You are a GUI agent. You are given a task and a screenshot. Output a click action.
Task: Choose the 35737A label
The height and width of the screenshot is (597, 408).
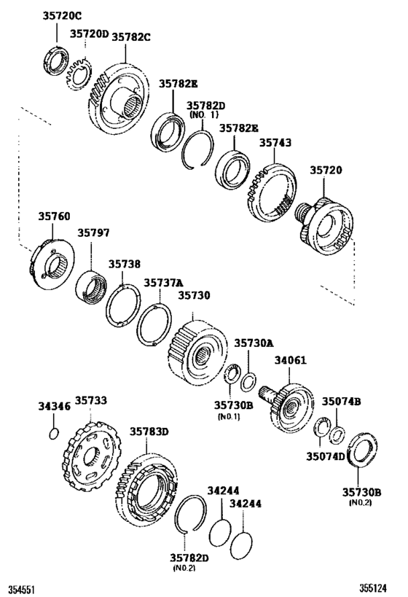click(163, 282)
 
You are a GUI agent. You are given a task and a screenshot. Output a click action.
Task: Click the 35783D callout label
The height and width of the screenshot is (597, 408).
click(149, 432)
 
